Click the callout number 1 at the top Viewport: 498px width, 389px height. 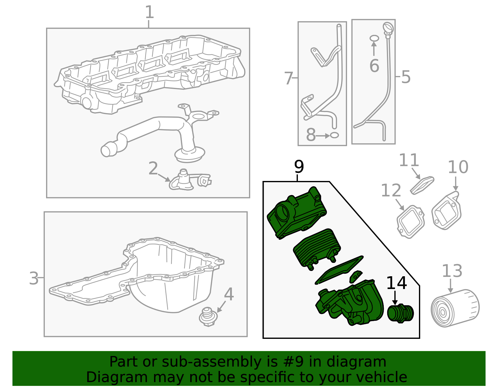coord(149,12)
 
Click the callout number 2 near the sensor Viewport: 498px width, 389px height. coord(153,168)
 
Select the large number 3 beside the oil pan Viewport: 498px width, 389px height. coord(34,278)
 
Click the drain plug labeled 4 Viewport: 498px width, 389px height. coord(207,317)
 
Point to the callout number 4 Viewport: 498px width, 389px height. coord(229,294)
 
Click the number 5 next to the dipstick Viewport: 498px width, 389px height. coord(406,77)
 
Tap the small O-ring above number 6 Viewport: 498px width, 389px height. coord(374,38)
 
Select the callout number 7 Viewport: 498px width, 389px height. coord(289,78)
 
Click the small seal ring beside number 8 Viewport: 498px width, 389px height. coord(334,135)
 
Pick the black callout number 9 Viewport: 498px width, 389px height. coord(299,167)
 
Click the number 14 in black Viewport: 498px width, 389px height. coord(396,283)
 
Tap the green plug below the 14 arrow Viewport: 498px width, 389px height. coord(400,313)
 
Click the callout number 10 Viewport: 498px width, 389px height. coord(458,167)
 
